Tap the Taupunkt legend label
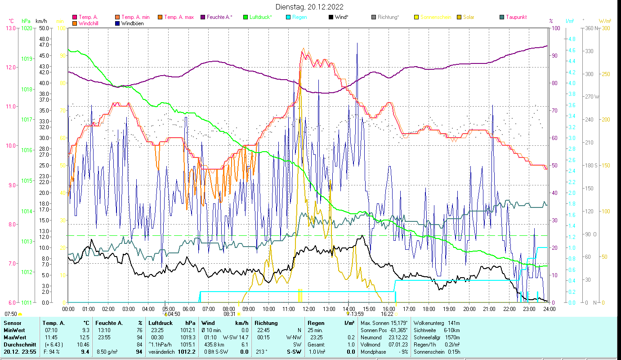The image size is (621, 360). (516, 17)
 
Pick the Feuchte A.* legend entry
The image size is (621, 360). (219, 17)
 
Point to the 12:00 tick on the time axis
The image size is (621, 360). (308, 309)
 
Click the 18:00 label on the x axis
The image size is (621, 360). (429, 309)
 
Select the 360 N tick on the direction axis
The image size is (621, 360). (590, 28)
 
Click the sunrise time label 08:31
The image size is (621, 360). (229, 314)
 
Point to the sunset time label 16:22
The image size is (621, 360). (387, 314)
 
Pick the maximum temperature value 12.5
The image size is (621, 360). (85, 337)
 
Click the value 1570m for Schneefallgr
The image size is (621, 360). (451, 337)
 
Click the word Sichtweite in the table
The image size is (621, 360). (426, 330)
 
